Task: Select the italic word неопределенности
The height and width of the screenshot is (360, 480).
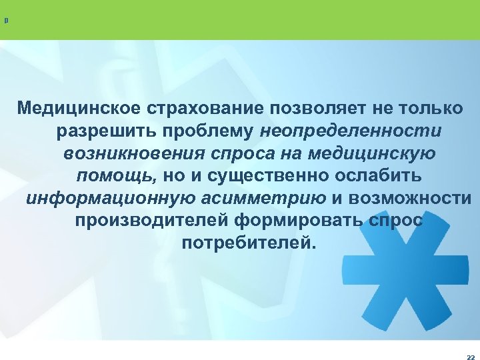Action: [x=351, y=131]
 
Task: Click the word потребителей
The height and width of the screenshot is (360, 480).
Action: [x=245, y=243]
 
